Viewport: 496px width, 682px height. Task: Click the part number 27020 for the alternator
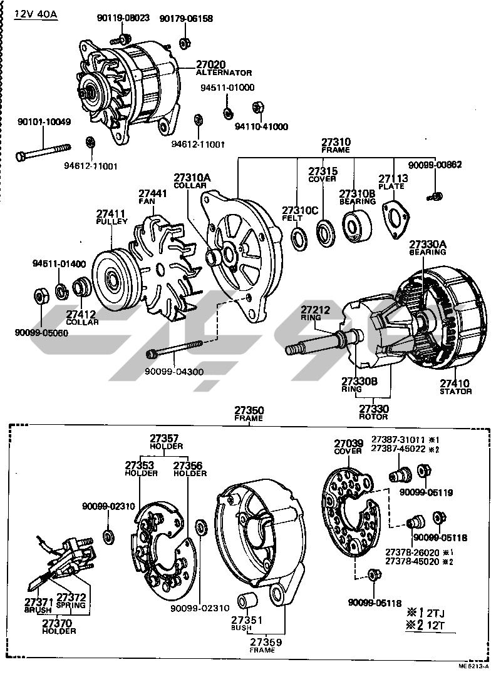[x=212, y=64]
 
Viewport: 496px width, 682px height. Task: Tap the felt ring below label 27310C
[x=301, y=238]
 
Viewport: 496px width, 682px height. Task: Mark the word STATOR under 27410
[x=455, y=391]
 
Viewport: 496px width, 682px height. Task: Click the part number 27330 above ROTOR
[x=374, y=409]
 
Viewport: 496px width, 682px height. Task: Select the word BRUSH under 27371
[x=38, y=610]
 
